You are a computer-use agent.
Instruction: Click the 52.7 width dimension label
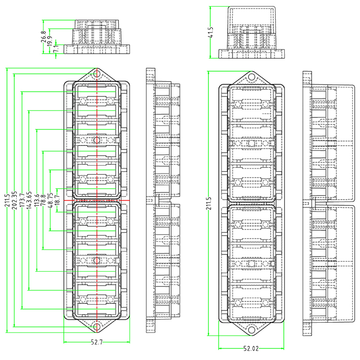tap(96, 342)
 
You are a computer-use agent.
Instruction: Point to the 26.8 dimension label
tap(44, 37)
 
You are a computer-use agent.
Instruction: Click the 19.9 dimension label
tap(50, 42)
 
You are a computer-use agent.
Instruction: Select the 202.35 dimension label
tap(14, 200)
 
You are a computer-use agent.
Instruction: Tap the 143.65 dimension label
tap(29, 200)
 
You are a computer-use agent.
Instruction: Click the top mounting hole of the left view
tap(97, 74)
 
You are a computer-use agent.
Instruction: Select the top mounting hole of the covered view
tap(251, 76)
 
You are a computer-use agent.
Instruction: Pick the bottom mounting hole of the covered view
tap(251, 330)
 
